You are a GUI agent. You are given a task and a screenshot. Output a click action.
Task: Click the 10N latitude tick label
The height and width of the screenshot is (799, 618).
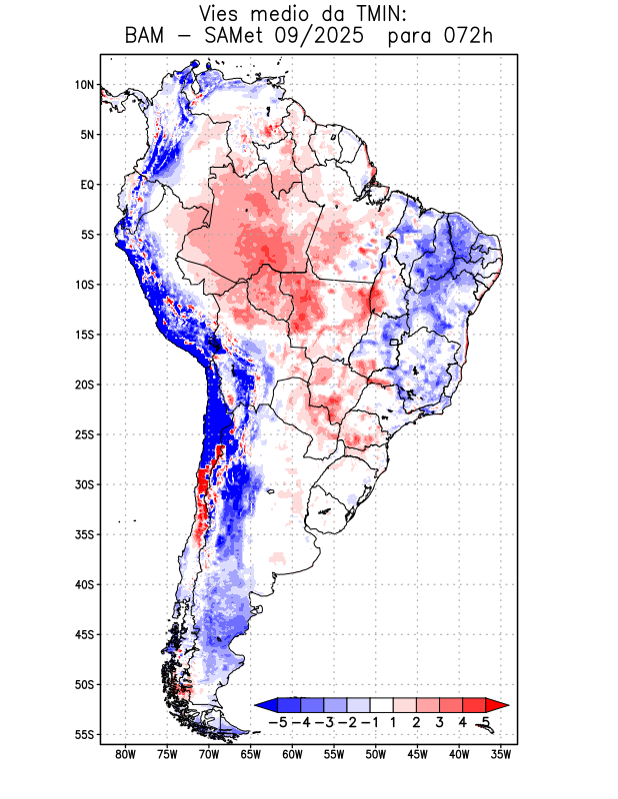tap(84, 85)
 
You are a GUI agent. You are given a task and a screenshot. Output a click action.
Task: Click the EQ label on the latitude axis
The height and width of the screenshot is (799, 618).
tap(87, 185)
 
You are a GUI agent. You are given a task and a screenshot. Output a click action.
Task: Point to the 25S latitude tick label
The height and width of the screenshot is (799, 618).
tap(84, 434)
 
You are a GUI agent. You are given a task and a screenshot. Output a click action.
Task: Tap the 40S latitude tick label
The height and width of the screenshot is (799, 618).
tap(84, 584)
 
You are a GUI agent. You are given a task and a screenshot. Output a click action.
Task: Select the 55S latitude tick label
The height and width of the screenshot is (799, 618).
tap(84, 734)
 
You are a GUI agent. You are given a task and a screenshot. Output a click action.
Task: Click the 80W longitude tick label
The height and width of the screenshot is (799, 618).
tap(126, 755)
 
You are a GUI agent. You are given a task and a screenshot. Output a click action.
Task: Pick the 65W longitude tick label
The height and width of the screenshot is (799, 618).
tap(251, 755)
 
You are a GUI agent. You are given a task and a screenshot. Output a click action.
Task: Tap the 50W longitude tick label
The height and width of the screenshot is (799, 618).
tap(376, 755)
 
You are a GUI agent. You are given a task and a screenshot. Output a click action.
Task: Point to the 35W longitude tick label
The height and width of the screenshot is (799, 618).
tap(501, 755)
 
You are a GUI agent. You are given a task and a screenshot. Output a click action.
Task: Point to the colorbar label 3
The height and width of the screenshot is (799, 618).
tap(440, 721)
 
